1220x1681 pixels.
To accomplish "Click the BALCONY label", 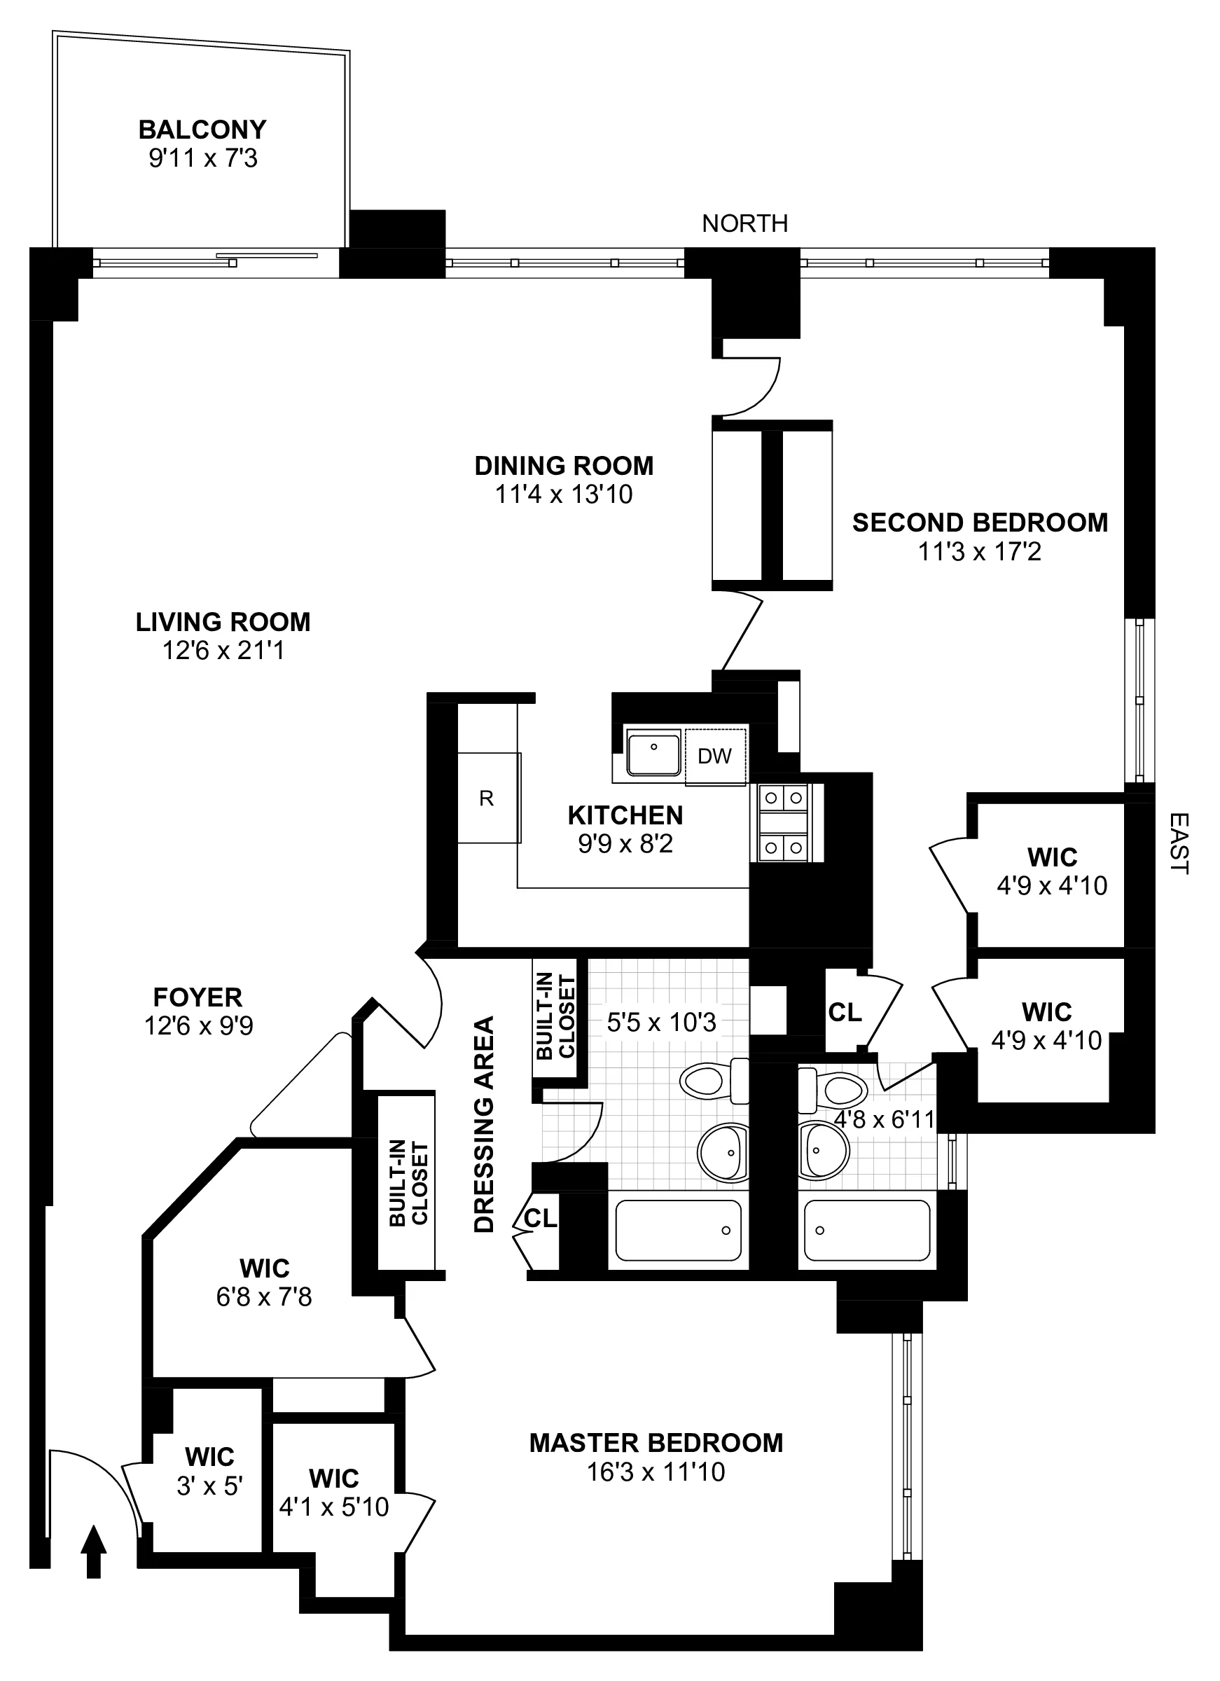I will click(x=202, y=130).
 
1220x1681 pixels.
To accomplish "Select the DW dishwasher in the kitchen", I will click(x=714, y=756).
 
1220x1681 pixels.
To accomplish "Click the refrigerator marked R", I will click(x=487, y=798).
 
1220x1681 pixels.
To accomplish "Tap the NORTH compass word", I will click(x=744, y=223).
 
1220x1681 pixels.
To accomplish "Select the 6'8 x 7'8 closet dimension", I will click(x=264, y=1297).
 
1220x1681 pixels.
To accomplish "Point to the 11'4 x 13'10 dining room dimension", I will click(x=563, y=494).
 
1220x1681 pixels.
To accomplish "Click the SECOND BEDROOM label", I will click(x=979, y=523).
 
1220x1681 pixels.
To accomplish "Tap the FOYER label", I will click(x=197, y=997).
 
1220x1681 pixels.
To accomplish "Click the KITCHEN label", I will click(x=625, y=815).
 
